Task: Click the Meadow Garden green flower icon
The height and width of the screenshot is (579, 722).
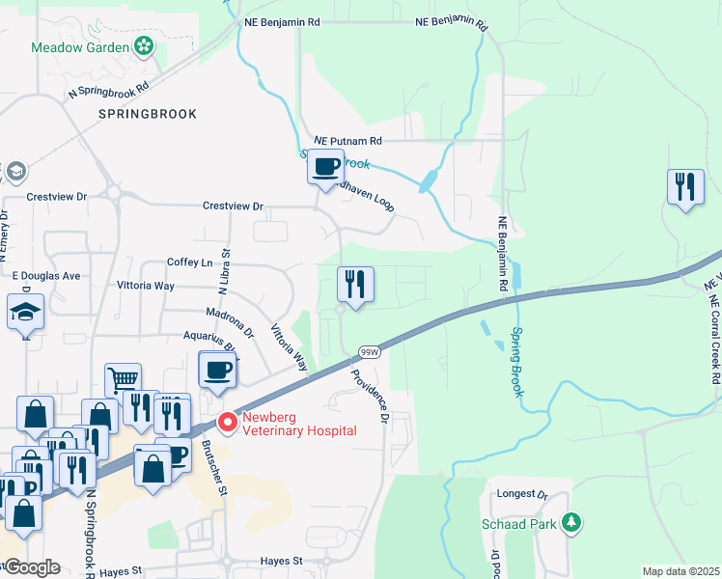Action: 144,46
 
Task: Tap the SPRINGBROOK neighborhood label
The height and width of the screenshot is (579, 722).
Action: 147,114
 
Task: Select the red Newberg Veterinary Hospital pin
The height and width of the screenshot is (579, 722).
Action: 227,423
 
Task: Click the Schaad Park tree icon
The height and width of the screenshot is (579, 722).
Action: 572,523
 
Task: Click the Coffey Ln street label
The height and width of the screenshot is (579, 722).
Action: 189,262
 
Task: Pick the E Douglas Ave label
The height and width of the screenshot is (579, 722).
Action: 45,275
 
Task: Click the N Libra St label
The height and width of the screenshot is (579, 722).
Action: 225,271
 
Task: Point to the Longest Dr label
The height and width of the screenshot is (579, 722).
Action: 522,494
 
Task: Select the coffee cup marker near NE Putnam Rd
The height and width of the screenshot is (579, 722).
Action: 326,167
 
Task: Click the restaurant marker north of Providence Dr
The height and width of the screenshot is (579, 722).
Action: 355,285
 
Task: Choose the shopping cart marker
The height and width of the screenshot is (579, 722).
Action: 124,380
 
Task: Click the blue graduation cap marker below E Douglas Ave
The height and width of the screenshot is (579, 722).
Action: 26,313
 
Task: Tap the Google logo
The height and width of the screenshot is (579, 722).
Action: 31,567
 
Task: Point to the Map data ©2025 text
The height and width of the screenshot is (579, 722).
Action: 680,571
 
